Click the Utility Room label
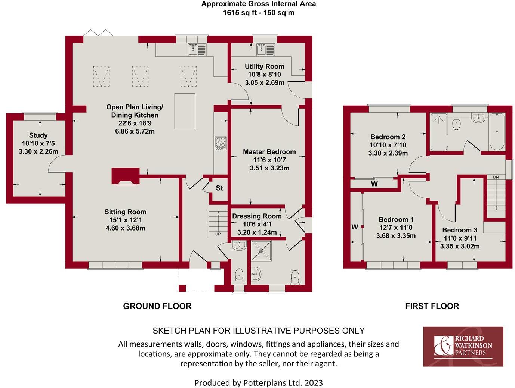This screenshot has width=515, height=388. pyautogui.click(x=264, y=66)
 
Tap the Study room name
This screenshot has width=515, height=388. pyautogui.click(x=38, y=135)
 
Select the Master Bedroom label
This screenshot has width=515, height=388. pyautogui.click(x=269, y=152)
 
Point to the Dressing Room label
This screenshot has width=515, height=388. pyautogui.click(x=257, y=216)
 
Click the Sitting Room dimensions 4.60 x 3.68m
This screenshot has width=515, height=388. pyautogui.click(x=125, y=228)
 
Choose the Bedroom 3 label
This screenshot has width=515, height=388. pyautogui.click(x=459, y=230)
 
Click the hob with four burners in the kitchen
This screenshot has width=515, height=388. pyautogui.click(x=221, y=143)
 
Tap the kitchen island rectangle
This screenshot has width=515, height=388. pyautogui.click(x=185, y=111)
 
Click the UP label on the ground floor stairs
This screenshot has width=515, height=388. pyautogui.click(x=218, y=234)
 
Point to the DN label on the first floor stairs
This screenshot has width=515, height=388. pyautogui.click(x=496, y=177)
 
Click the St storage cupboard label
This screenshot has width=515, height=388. pyautogui.click(x=219, y=188)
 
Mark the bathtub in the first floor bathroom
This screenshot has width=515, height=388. pyautogui.click(x=497, y=131)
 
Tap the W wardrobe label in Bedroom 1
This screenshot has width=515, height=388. pyautogui.click(x=355, y=227)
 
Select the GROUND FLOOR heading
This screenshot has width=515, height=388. pyautogui.click(x=157, y=306)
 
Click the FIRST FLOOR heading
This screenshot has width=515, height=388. pyautogui.click(x=432, y=306)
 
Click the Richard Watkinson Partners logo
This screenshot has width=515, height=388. pyautogui.click(x=463, y=347)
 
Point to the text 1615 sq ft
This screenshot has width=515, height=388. pyautogui.click(x=238, y=13)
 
